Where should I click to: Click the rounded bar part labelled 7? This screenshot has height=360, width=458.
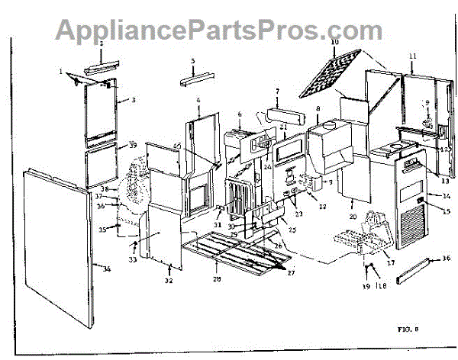pos(277,114)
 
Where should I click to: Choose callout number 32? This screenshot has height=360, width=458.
pos(169,281)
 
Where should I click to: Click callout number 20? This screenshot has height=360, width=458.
pos(353,217)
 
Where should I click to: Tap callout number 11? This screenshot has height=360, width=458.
pos(412,56)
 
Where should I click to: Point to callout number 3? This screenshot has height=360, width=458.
pos(133,100)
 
